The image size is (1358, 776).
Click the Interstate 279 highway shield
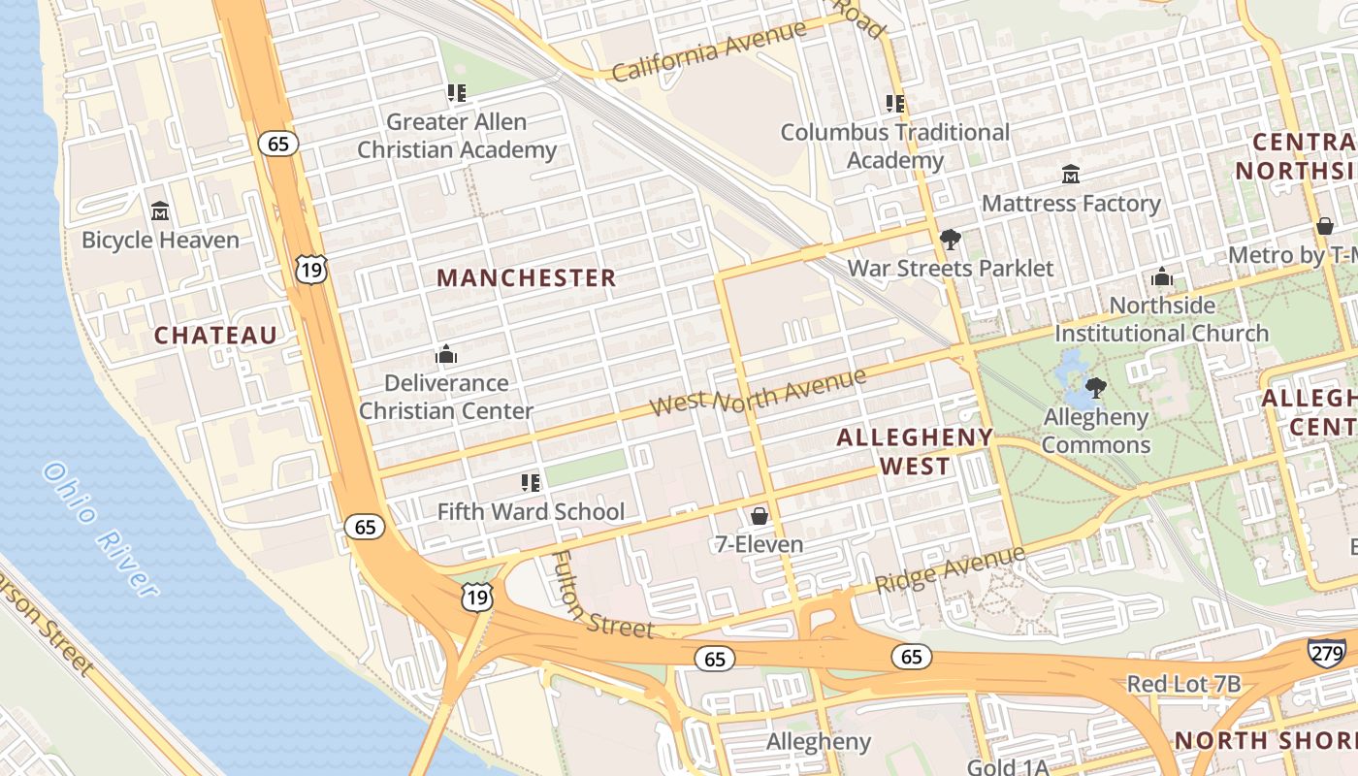(1325, 652)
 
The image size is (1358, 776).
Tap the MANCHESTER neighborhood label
(526, 278)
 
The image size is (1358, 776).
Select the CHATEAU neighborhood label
(216, 336)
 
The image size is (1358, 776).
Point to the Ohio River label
(100, 529)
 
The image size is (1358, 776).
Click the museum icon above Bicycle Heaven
(160, 211)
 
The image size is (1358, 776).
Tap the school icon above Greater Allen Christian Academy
(457, 94)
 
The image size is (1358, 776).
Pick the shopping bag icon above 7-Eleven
(760, 516)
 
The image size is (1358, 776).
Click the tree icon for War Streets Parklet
(951, 240)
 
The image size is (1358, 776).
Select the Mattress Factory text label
(1071, 204)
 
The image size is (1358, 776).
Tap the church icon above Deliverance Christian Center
(446, 354)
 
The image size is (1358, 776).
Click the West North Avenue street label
(758, 391)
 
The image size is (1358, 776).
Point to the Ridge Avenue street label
(950, 570)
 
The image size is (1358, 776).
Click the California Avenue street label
(709, 51)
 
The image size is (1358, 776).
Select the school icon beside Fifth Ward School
(530, 482)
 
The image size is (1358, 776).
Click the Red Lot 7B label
(1183, 685)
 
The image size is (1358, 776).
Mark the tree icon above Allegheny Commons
(1096, 389)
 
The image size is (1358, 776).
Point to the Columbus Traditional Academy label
(894, 145)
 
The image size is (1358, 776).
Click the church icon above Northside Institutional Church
(1162, 277)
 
